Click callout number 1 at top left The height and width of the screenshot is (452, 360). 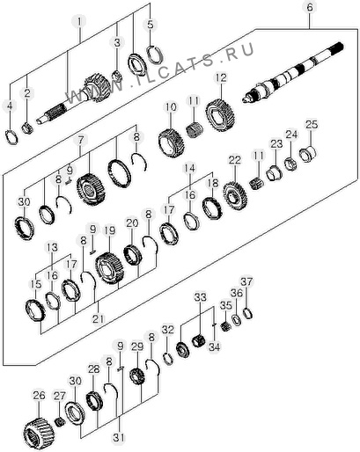(79, 22)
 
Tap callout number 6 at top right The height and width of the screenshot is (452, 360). (310, 7)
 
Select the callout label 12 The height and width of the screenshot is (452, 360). (221, 78)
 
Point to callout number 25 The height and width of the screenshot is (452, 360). (312, 125)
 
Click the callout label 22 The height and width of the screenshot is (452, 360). (235, 160)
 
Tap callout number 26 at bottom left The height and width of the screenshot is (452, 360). (39, 396)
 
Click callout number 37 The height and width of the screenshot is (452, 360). (246, 282)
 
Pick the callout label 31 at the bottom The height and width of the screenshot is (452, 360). (119, 438)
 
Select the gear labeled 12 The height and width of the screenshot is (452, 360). (221, 115)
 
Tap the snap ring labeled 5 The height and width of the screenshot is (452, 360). (155, 55)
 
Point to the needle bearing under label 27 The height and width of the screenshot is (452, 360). (60, 422)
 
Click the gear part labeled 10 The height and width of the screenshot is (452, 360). (172, 142)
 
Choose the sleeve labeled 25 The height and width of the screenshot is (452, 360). (308, 154)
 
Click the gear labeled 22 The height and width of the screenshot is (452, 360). (235, 195)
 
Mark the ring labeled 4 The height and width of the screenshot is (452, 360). (11, 137)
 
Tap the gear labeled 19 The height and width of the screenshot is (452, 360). (110, 268)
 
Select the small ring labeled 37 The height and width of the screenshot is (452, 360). (248, 314)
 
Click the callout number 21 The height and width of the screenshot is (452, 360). (99, 318)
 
